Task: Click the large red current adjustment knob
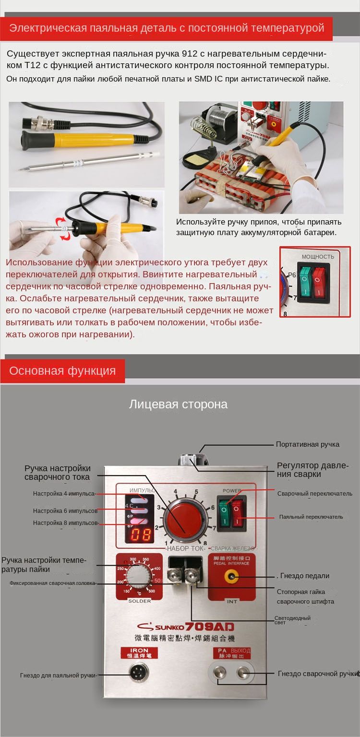(x=184, y=520)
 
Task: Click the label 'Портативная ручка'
(x=307, y=444)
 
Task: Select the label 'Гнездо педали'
(x=304, y=576)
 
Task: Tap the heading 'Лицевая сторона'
(x=178, y=404)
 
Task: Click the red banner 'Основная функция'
(x=62, y=371)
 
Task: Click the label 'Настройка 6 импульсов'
(x=65, y=511)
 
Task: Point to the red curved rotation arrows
(x=62, y=228)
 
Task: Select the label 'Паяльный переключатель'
(x=311, y=517)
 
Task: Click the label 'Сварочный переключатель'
(x=315, y=493)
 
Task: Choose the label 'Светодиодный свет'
(x=292, y=620)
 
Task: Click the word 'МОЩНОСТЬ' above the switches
(x=318, y=257)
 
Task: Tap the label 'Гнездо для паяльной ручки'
(x=59, y=675)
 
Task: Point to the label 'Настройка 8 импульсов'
(x=65, y=523)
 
